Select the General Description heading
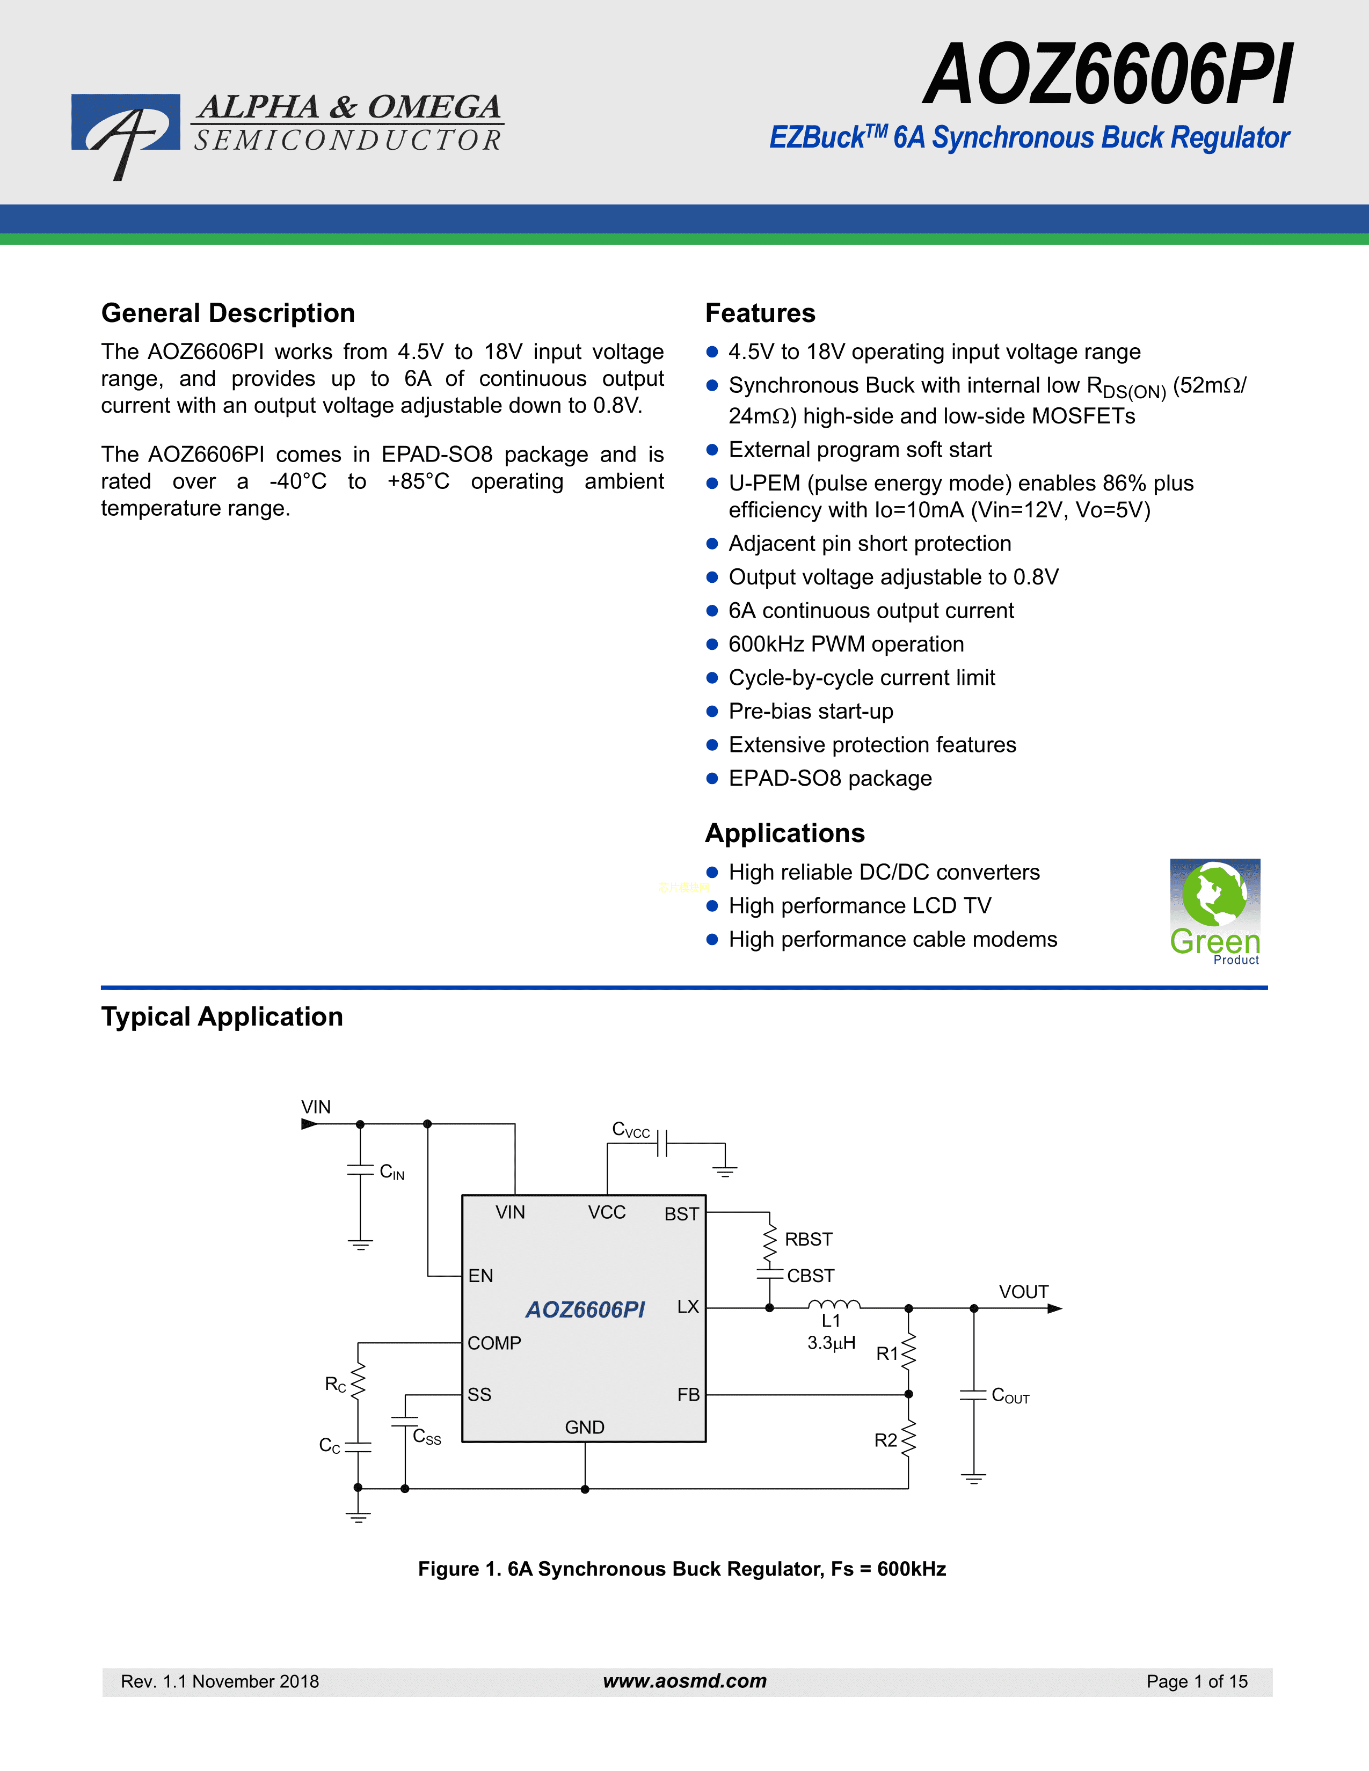pos(228,313)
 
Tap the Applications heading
pos(784,833)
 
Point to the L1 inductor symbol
pos(834,1304)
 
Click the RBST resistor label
pos(809,1239)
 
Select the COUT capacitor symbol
pos(973,1395)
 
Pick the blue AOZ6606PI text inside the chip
pos(585,1309)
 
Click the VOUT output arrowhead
pos(1054,1308)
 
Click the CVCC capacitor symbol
pos(662,1143)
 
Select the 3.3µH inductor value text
pos(831,1343)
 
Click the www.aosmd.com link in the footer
pos(684,1681)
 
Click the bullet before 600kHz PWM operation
pos(712,645)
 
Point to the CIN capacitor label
pos(392,1172)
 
